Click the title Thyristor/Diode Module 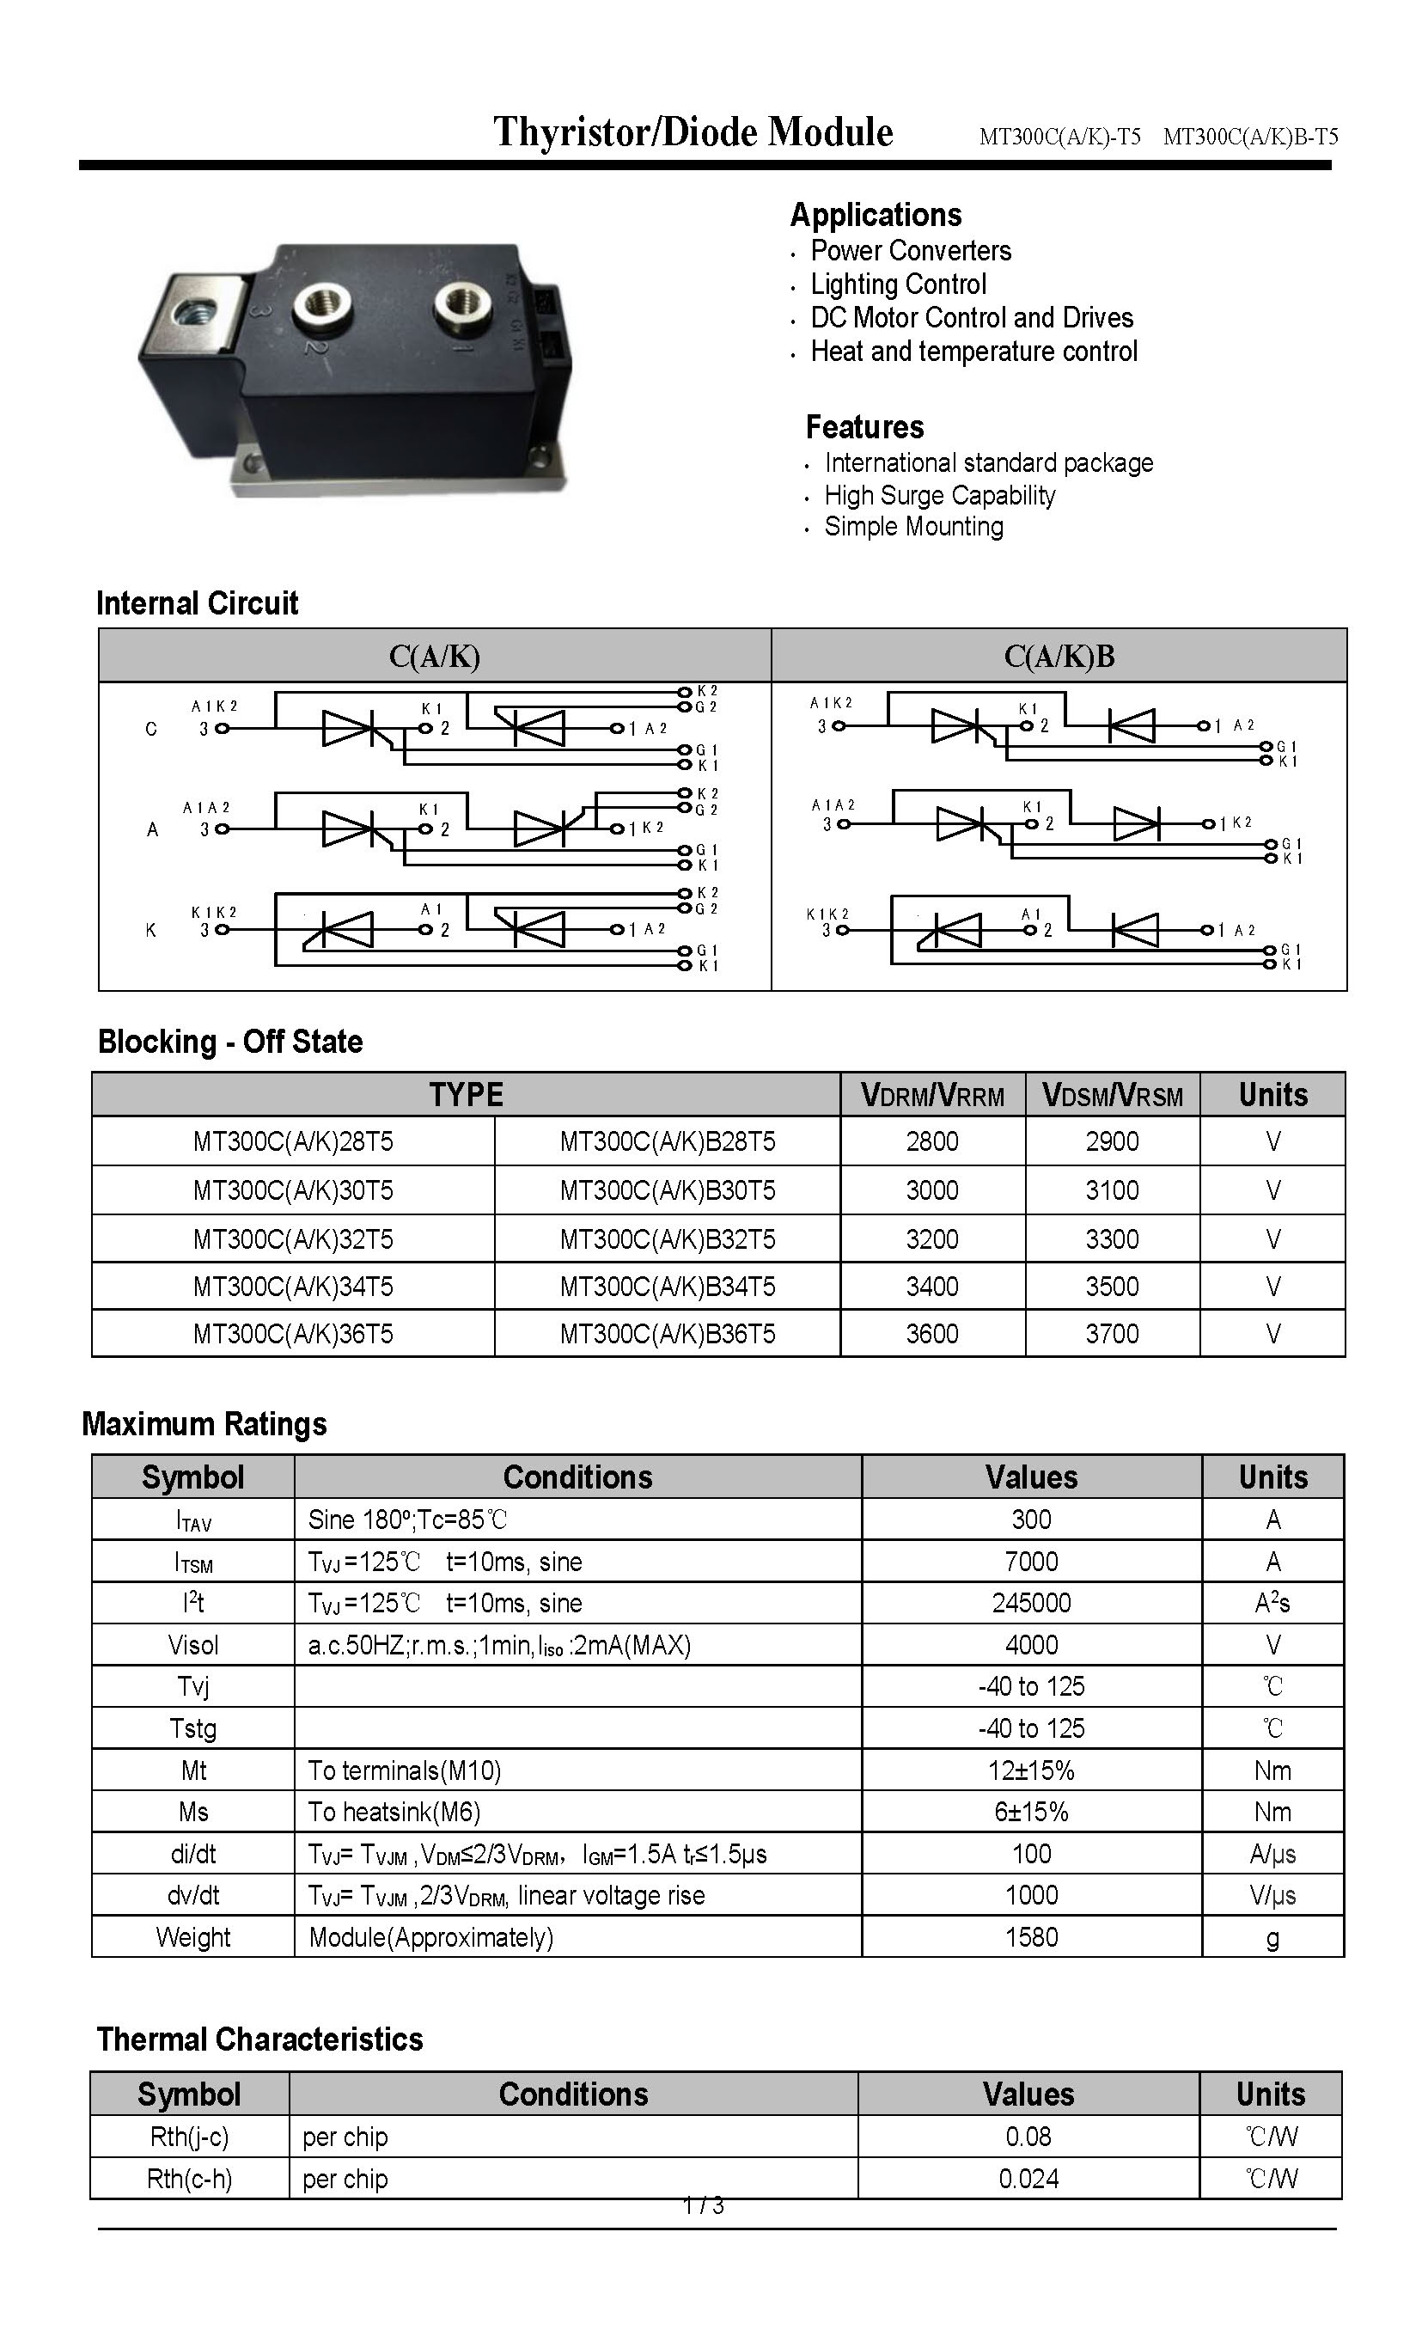coord(693,132)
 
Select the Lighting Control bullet coord(898,284)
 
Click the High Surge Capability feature coord(939,495)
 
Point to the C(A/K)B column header coord(1059,656)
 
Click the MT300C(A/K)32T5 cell coord(293,1238)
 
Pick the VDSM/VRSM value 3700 coord(1112,1334)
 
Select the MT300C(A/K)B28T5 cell coord(667,1140)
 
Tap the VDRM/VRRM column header coord(932,1095)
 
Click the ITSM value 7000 coord(1031,1561)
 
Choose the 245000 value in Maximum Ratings coord(1031,1603)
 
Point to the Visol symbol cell coord(192,1644)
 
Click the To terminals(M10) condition coord(404,1770)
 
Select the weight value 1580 coord(1031,1936)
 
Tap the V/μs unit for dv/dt coord(1272,1894)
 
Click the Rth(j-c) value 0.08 coord(1028,2136)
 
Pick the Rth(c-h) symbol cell coord(189,2178)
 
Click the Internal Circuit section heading coord(198,602)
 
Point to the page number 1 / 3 coord(703,2204)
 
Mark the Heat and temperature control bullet coord(973,352)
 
